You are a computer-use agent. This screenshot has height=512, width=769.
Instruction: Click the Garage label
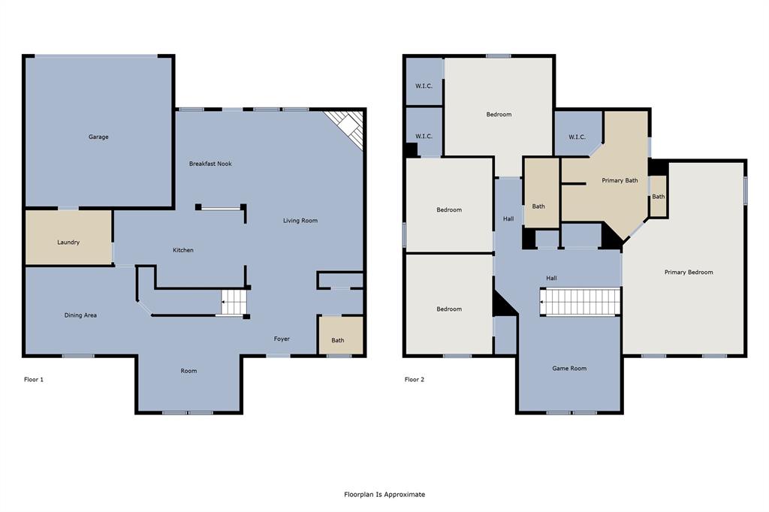[x=98, y=137]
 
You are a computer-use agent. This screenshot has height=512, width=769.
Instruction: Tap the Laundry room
[x=68, y=242]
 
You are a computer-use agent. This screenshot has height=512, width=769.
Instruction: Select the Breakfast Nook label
[x=210, y=164]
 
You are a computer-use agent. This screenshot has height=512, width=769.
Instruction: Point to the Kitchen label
[x=183, y=250]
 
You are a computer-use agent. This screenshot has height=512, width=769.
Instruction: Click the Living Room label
[x=300, y=221]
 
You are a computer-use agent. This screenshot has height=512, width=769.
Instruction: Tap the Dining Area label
[x=80, y=315]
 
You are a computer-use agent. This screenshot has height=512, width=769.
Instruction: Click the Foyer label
[x=282, y=339]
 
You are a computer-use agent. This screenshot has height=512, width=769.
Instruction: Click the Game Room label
[x=569, y=369]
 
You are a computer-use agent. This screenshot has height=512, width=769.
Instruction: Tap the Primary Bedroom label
[x=689, y=272]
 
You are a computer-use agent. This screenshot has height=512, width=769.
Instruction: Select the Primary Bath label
[x=620, y=180]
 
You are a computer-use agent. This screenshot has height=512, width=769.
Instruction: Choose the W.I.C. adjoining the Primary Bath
[x=577, y=135]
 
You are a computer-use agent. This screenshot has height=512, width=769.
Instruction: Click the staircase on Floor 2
[x=581, y=302]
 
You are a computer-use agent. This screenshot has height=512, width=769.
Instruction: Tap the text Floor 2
[x=415, y=380]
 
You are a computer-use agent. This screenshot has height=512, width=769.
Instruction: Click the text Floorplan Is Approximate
[x=384, y=494]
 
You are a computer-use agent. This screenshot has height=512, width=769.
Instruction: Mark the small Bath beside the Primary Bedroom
[x=658, y=197]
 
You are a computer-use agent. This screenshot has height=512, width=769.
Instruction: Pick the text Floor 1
[x=34, y=380]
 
